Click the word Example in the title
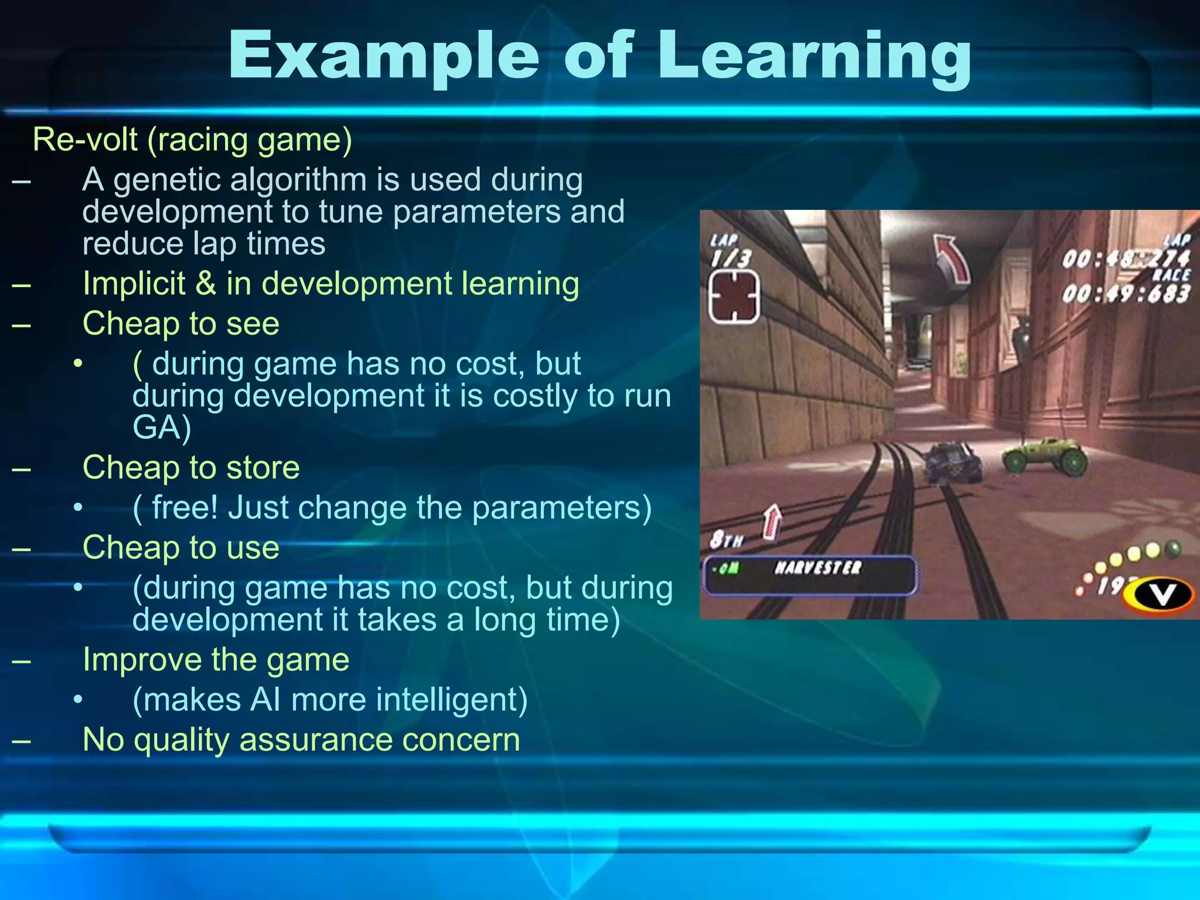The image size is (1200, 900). [x=384, y=56]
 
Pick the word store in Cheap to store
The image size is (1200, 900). [x=263, y=468]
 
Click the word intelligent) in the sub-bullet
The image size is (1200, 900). [x=452, y=700]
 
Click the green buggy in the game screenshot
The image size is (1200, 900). [x=1045, y=458]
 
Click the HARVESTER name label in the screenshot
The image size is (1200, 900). [x=818, y=568]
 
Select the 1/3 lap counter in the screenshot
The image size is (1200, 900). [x=731, y=258]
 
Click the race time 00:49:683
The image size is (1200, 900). [x=1126, y=294]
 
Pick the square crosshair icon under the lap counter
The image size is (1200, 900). [x=734, y=297]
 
